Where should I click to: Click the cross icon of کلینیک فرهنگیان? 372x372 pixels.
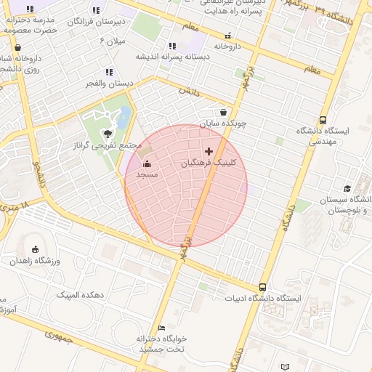(x=209, y=151)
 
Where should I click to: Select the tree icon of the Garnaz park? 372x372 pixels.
(x=108, y=134)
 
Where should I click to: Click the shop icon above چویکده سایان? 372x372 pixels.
(x=223, y=112)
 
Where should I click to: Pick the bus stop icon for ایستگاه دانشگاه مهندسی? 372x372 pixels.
(x=323, y=120)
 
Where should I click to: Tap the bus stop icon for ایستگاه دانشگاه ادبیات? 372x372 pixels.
(x=262, y=287)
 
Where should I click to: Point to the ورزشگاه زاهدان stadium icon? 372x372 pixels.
(x=35, y=250)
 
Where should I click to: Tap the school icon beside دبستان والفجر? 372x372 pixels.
(x=109, y=72)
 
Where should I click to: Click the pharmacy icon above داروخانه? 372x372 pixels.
(x=228, y=35)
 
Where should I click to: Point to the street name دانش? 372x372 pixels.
(x=187, y=92)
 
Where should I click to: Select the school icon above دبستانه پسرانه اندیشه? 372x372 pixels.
(x=172, y=46)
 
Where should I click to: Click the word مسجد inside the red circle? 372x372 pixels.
(x=147, y=174)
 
